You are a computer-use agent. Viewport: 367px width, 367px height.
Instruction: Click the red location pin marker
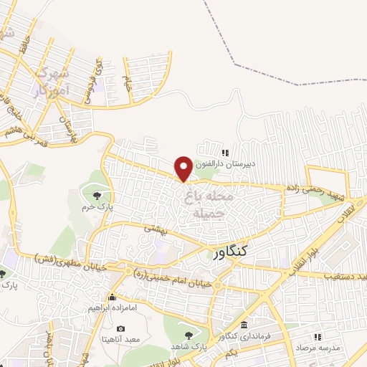pyautogui.click(x=183, y=168)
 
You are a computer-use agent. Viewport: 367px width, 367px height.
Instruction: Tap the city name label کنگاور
pyautogui.click(x=231, y=251)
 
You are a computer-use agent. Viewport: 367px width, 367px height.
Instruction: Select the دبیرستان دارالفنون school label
pyautogui.click(x=242, y=164)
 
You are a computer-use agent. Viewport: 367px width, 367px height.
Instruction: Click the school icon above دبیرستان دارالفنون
pyautogui.click(x=225, y=153)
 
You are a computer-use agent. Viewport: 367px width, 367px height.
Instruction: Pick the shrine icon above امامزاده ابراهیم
pyautogui.click(x=112, y=297)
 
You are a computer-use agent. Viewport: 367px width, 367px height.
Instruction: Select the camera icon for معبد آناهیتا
pyautogui.click(x=120, y=328)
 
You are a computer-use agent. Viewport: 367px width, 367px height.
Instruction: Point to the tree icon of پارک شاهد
pyautogui.click(x=189, y=334)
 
